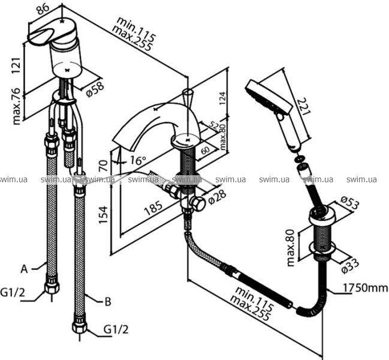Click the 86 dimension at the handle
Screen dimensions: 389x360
click(x=43, y=10)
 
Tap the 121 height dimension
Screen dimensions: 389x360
click(x=16, y=65)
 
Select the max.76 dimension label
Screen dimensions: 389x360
click(x=17, y=107)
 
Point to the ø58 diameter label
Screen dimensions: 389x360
click(x=95, y=89)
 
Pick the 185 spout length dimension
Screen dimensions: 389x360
click(x=153, y=208)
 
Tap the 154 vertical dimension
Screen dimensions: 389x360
click(x=103, y=215)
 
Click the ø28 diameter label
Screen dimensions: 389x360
click(x=217, y=197)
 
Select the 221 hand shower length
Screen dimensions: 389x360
click(x=304, y=106)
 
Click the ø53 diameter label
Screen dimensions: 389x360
click(x=350, y=203)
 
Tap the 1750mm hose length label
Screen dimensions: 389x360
click(x=365, y=288)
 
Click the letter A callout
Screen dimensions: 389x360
click(x=24, y=269)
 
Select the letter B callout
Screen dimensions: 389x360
click(x=108, y=302)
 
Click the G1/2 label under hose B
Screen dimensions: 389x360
click(x=116, y=330)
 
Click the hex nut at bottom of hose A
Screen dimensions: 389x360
click(x=52, y=288)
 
